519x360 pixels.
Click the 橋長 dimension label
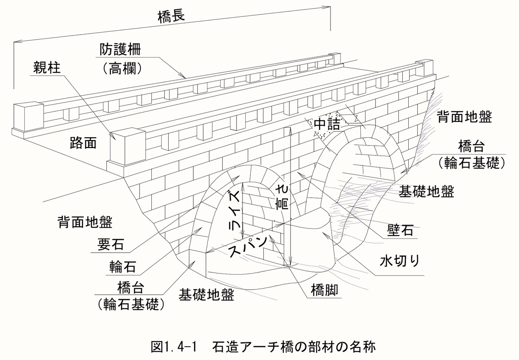point(171,17)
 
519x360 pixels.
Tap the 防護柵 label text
point(120,49)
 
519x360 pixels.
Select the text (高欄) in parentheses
point(122,69)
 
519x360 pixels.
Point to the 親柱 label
point(47,67)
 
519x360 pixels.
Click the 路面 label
point(83,143)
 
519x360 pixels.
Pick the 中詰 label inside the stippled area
point(327,125)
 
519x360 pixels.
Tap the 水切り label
point(400,261)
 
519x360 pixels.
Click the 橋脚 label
point(324,290)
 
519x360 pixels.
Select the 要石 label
point(111,244)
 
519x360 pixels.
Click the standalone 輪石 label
point(122,267)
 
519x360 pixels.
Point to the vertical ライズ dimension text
point(235,210)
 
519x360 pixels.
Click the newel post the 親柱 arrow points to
point(128,147)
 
